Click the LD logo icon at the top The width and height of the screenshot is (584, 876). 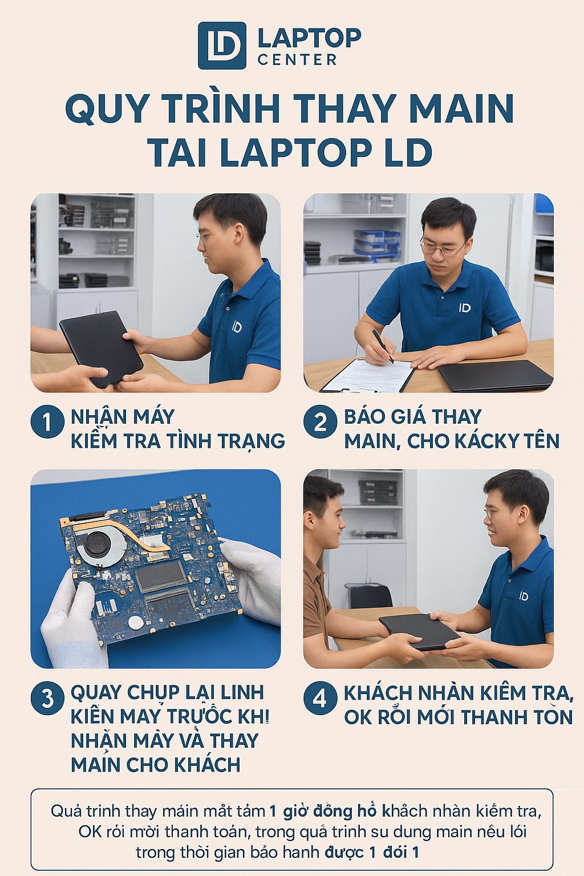[222, 46]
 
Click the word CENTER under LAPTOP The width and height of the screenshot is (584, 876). [297, 60]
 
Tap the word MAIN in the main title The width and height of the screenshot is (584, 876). [461, 108]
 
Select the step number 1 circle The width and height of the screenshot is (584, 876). [47, 422]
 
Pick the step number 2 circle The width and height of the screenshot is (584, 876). [320, 422]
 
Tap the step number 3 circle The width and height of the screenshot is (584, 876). [47, 698]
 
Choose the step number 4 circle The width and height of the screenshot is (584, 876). [320, 698]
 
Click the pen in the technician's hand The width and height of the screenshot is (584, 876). [383, 346]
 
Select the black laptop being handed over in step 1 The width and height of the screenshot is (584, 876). [101, 346]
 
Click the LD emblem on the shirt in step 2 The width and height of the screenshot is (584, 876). [465, 308]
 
